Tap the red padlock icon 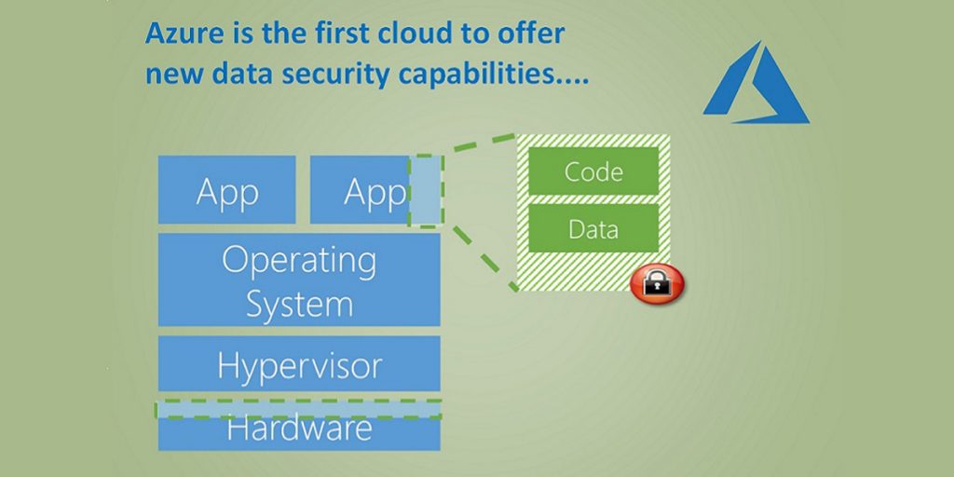(658, 283)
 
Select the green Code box (593, 171)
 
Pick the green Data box (593, 228)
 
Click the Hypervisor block (299, 364)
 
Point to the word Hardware (299, 429)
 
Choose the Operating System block (299, 279)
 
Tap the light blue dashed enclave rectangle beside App (426, 190)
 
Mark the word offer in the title (533, 34)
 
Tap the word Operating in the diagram (299, 260)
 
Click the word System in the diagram (299, 304)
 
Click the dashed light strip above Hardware (298, 409)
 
